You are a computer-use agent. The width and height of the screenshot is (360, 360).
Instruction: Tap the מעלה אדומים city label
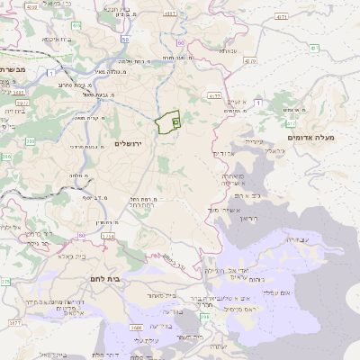tap(310, 137)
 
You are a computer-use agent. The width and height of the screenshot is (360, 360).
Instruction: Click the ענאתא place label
tap(229, 51)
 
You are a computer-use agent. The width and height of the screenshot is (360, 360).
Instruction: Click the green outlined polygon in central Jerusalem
tap(167, 123)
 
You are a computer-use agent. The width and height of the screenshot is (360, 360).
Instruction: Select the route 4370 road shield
tap(249, 62)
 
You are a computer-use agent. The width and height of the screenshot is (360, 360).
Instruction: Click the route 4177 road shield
tap(213, 94)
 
